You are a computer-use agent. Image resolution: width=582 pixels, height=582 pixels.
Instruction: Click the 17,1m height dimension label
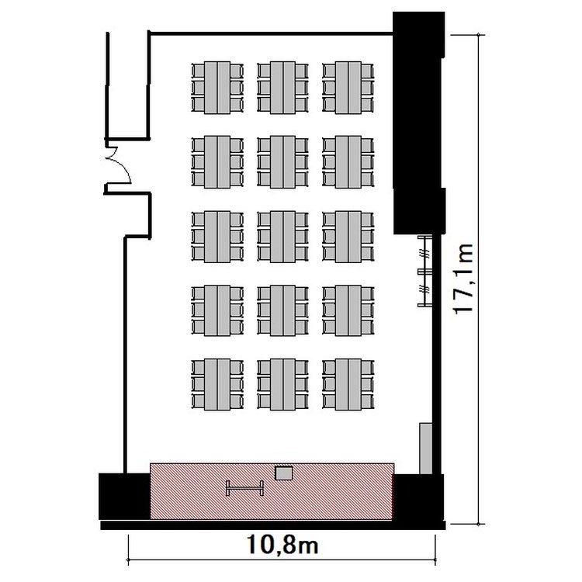point(463,279)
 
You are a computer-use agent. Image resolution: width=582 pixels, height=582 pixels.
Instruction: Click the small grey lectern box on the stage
point(284,473)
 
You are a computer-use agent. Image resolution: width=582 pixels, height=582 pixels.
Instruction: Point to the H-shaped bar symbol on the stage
point(245,488)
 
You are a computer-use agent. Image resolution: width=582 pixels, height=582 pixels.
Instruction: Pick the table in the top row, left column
point(217,88)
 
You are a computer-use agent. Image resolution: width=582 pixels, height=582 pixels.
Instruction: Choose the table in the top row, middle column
point(282,88)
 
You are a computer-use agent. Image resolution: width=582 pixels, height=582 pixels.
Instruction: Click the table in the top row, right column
point(348,88)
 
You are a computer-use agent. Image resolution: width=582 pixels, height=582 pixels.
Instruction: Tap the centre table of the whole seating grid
point(282,237)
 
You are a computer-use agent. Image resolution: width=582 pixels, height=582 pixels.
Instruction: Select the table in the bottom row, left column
point(217,384)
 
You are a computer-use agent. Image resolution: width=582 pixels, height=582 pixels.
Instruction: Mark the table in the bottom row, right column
point(348,384)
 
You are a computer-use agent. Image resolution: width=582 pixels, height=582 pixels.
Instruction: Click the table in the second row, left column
point(217,162)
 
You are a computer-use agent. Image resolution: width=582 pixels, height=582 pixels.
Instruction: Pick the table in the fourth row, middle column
point(282,310)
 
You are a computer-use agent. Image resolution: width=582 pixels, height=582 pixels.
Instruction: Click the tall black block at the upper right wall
point(419,123)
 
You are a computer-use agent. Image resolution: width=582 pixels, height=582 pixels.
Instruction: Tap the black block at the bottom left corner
point(124,497)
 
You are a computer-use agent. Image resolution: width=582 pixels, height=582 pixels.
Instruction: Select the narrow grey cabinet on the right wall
point(426,449)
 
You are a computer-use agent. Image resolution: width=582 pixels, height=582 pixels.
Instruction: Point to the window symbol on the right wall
point(425,272)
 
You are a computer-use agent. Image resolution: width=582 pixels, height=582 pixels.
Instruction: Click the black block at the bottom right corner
point(418,497)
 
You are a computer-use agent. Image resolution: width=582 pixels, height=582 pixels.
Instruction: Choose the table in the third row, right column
point(348,237)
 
